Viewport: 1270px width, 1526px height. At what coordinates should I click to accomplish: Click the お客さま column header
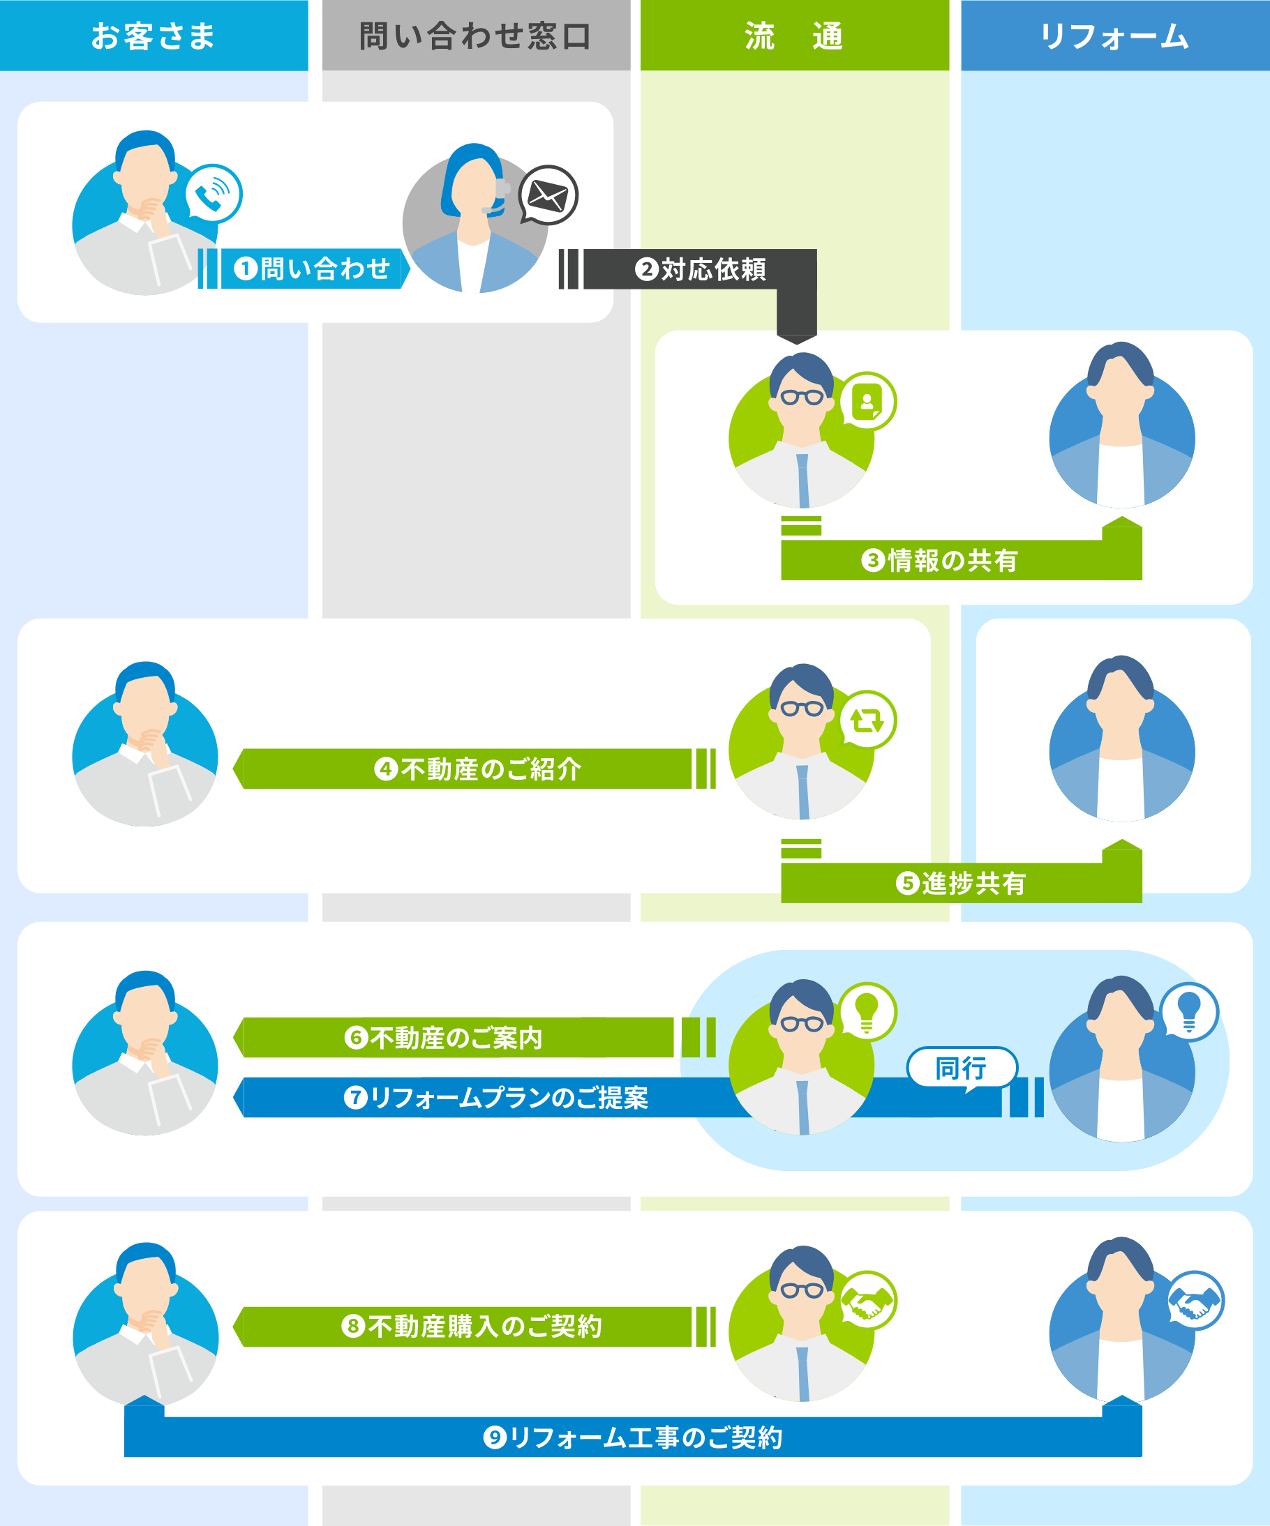[x=154, y=36]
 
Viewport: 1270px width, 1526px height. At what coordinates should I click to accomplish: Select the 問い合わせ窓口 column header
[x=476, y=36]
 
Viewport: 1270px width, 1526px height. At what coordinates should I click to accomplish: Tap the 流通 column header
[x=795, y=36]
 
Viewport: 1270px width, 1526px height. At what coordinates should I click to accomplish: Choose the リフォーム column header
[x=1115, y=36]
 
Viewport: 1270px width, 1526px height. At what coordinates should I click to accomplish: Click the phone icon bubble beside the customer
[x=213, y=194]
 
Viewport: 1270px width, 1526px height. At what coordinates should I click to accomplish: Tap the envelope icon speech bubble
[x=548, y=195]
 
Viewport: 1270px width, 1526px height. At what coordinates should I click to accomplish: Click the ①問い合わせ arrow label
[x=312, y=269]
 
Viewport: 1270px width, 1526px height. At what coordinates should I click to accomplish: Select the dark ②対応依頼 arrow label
[x=700, y=270]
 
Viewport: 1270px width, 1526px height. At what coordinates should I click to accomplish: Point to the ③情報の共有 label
[x=939, y=560]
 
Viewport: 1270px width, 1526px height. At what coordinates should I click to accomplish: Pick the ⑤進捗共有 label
[x=960, y=883]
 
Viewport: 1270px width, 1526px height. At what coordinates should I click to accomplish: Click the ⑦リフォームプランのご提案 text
[x=495, y=1097]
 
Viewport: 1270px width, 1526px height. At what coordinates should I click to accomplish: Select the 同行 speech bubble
[x=962, y=1068]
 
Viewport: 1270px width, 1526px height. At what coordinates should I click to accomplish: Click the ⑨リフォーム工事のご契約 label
[x=632, y=1437]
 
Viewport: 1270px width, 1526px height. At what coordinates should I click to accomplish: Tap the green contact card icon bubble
[x=867, y=401]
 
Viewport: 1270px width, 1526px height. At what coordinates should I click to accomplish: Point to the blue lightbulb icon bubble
[x=1188, y=1011]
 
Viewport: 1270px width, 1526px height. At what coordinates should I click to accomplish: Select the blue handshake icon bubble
[x=1195, y=1301]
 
